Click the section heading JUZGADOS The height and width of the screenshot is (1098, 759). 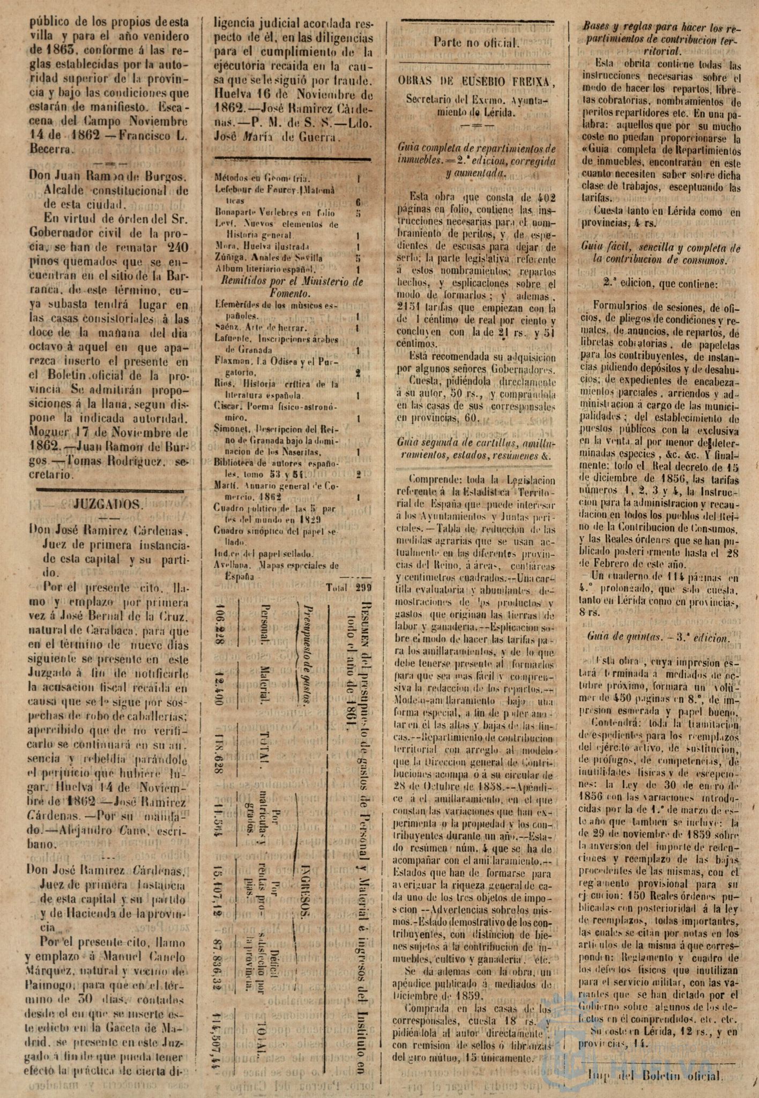(107, 505)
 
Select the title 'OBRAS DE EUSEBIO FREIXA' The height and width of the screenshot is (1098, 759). (476, 81)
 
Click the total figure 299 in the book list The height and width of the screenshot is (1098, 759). (364, 588)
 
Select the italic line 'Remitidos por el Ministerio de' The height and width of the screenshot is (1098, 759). (289, 282)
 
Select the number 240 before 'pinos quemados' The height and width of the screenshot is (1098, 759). (174, 248)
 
